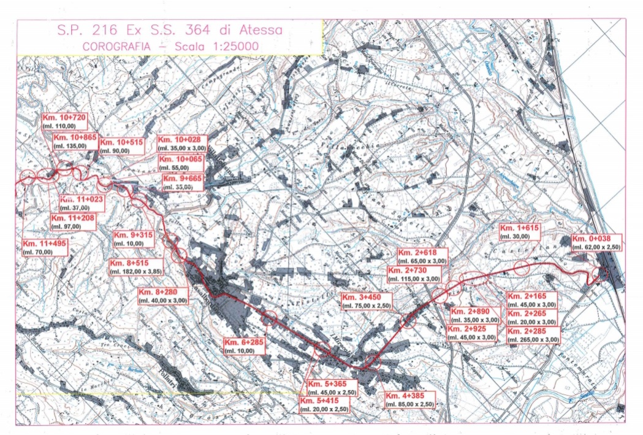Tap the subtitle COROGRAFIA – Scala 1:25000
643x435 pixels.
[169, 46]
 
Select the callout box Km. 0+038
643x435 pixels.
[595, 242]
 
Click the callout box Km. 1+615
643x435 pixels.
[520, 232]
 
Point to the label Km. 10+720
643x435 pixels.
[66, 121]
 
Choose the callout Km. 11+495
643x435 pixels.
[46, 247]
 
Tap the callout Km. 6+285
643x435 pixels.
[245, 345]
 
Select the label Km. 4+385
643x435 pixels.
[409, 399]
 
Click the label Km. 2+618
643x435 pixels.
[422, 256]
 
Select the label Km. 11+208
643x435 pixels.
[74, 222]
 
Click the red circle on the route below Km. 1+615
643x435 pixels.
[521, 268]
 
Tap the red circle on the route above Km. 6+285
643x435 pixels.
[270, 318]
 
